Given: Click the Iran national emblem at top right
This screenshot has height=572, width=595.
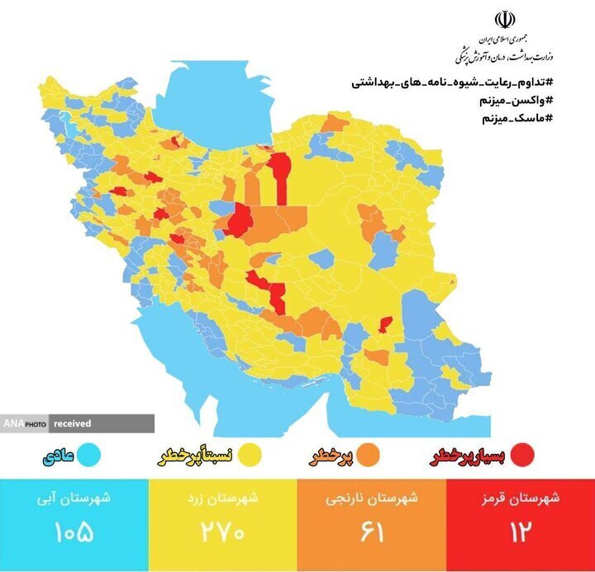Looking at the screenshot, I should pyautogui.click(x=504, y=21).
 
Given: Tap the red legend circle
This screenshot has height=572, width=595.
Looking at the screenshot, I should pyautogui.click(x=522, y=454).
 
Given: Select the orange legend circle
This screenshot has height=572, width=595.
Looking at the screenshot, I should pyautogui.click(x=368, y=454).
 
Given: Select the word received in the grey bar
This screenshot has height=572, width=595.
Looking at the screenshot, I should pyautogui.click(x=73, y=423).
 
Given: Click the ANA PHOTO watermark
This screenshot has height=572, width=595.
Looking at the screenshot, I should pyautogui.click(x=24, y=423).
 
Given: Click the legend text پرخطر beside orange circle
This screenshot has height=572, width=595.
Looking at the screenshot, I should pyautogui.click(x=333, y=455).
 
